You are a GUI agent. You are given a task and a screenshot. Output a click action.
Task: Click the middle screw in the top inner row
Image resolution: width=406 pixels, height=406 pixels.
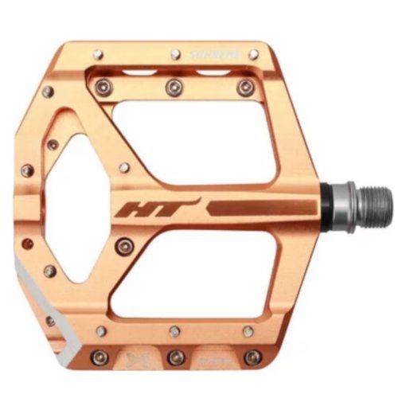[x=173, y=86]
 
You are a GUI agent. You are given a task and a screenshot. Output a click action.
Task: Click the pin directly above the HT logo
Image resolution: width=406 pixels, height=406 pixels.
[x=124, y=167]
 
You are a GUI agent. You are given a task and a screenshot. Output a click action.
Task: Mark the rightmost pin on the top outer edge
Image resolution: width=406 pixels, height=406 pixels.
[x=252, y=55]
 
